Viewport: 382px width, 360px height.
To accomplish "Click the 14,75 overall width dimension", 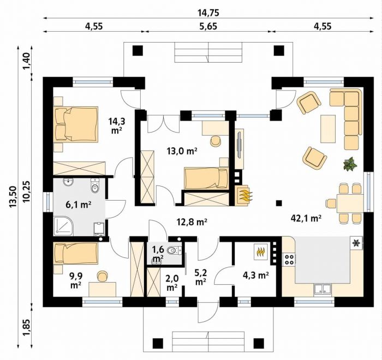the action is click(x=208, y=13).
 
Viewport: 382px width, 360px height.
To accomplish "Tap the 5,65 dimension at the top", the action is click(x=208, y=26).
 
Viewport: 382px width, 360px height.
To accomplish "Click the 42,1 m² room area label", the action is click(x=306, y=219).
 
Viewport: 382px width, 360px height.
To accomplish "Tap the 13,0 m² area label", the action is click(x=182, y=151).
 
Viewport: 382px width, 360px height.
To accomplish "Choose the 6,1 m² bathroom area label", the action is click(x=78, y=205).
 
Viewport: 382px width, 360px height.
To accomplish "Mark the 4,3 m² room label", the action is click(x=256, y=275).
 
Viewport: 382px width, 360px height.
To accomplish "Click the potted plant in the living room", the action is click(x=350, y=164).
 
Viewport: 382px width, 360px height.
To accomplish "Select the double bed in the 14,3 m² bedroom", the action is click(x=76, y=124).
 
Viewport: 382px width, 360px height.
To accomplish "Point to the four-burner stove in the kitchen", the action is click(x=289, y=259).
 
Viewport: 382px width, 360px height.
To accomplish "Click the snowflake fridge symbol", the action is click(x=356, y=243).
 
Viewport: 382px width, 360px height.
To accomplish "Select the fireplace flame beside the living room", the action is click(x=245, y=195).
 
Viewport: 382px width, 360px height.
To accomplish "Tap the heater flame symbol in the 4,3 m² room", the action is click(x=260, y=252).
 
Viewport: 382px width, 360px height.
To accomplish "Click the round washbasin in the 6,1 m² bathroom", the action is click(x=69, y=182).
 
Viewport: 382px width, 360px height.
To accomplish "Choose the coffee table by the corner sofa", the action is click(x=328, y=129).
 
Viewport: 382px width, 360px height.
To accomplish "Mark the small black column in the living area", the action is click(x=279, y=203).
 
